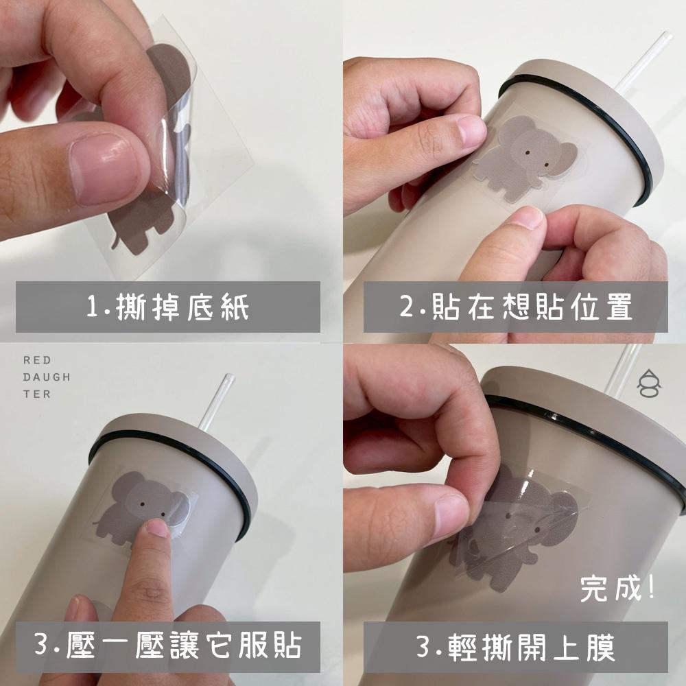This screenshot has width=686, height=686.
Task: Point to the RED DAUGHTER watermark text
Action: [46, 377]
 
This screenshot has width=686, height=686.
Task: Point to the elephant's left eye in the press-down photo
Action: [141, 505]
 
